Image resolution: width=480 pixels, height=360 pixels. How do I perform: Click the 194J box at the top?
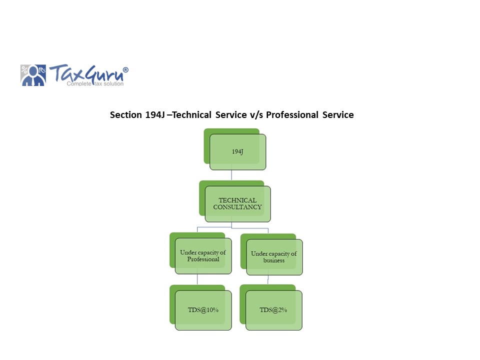[237, 152]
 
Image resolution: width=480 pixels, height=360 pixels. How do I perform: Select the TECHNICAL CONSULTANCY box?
[237, 203]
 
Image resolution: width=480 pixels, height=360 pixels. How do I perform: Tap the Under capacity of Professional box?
[203, 256]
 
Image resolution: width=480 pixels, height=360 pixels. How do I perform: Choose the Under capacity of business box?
[274, 257]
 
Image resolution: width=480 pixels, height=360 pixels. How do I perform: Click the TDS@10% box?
[203, 310]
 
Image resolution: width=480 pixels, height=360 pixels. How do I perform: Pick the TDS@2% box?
[273, 310]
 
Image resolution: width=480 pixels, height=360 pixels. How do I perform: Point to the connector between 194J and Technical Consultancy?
[231, 175]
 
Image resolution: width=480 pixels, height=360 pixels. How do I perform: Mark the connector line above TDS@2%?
[268, 280]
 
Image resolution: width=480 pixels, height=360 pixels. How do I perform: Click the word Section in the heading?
[125, 115]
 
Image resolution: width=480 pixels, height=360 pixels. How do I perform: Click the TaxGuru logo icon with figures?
[33, 75]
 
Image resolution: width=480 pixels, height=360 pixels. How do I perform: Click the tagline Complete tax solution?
[95, 83]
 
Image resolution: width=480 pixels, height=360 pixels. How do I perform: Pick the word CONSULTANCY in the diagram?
[237, 207]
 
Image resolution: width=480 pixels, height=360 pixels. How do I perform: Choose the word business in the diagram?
[274, 260]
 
